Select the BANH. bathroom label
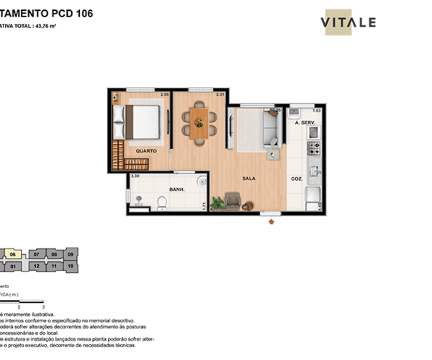click(x=177, y=189)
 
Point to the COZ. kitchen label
click(x=297, y=179)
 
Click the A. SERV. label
click(x=306, y=123)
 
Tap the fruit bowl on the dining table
click(x=199, y=123)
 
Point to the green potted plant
click(x=217, y=204)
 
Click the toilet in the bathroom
click(x=163, y=205)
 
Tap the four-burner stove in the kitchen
click(x=314, y=148)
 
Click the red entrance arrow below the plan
click(x=271, y=222)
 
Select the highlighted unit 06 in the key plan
click(x=12, y=254)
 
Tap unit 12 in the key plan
click(x=36, y=266)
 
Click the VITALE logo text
click(x=348, y=22)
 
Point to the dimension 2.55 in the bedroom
click(x=164, y=94)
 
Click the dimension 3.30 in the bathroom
click(x=135, y=176)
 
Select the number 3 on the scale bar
click(x=43, y=307)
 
